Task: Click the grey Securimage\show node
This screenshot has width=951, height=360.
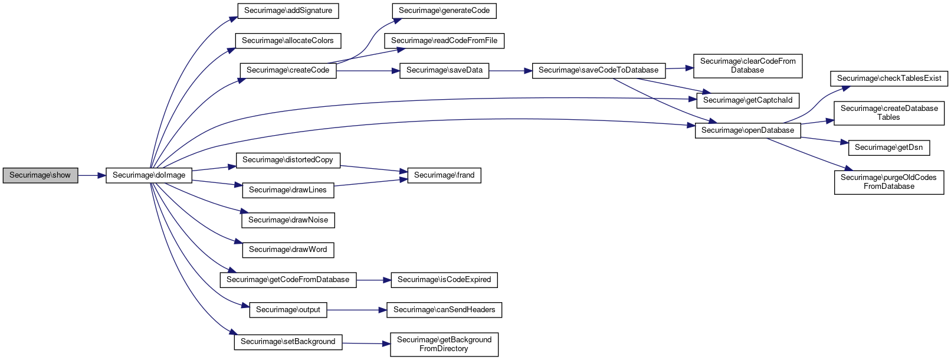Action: [x=40, y=175]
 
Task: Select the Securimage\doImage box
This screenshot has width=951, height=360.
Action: [x=149, y=175]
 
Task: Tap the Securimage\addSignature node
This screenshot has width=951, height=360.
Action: [x=288, y=11]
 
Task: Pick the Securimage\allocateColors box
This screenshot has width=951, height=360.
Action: [x=288, y=41]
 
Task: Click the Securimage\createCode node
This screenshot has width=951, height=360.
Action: [x=288, y=70]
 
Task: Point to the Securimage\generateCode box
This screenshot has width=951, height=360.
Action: [x=444, y=11]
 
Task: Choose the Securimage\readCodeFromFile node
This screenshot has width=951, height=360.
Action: [x=444, y=41]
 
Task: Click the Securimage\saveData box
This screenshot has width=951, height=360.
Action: [x=444, y=70]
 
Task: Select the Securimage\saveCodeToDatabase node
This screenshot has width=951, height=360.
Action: [x=599, y=70]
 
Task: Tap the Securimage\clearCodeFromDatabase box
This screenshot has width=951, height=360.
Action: [x=747, y=66]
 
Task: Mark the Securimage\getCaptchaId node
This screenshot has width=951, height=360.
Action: [x=747, y=100]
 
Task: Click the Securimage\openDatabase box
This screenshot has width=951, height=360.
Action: [x=747, y=130]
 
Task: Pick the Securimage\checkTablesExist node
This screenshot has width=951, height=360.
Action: [x=889, y=78]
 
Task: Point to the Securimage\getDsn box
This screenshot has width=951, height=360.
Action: [x=889, y=148]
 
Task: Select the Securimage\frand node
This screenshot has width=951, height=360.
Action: [x=444, y=175]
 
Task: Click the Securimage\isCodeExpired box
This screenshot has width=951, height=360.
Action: [x=444, y=280]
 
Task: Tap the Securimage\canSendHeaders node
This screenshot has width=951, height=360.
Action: [x=444, y=310]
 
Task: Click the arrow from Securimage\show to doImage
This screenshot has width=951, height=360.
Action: [x=91, y=175]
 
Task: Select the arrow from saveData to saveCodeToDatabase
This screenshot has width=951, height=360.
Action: [x=510, y=70]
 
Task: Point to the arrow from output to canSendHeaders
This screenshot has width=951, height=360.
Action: [x=356, y=310]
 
